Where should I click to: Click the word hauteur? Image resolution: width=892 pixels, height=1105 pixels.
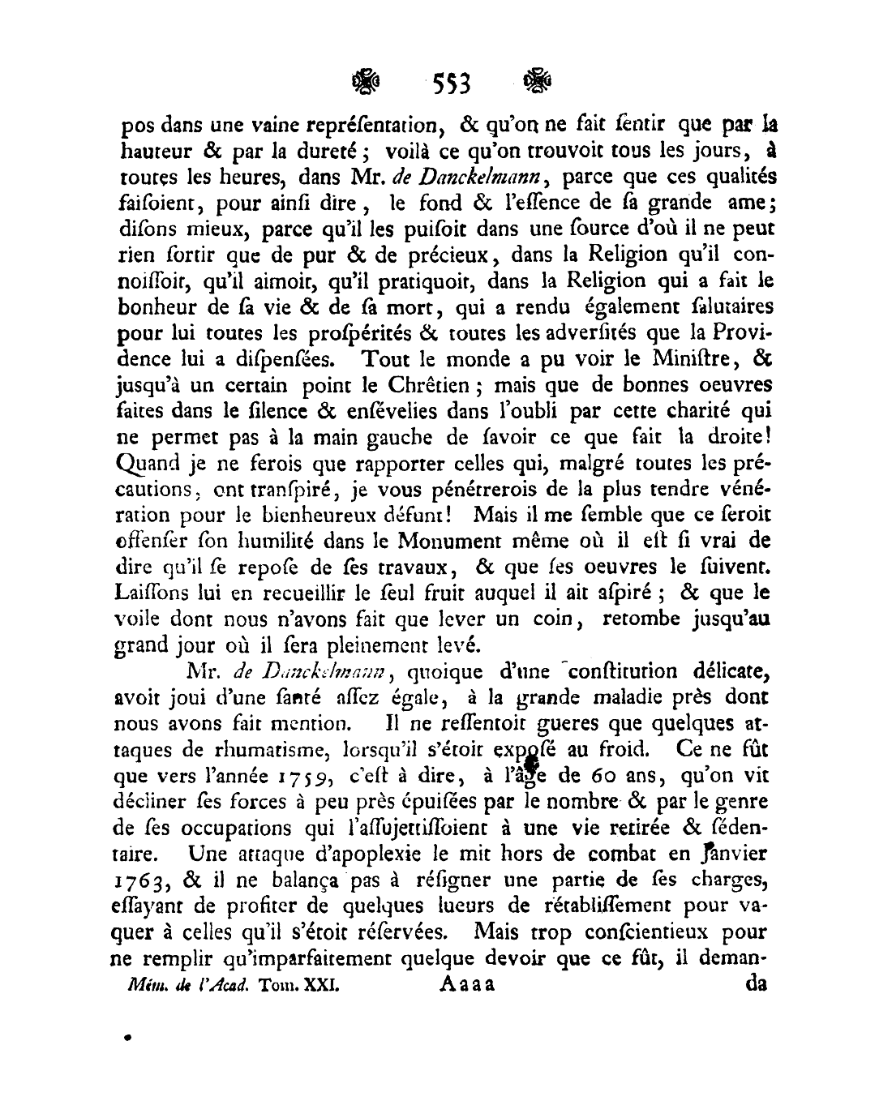[x=157, y=152]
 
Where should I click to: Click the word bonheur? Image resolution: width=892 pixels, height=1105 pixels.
[x=161, y=307]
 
